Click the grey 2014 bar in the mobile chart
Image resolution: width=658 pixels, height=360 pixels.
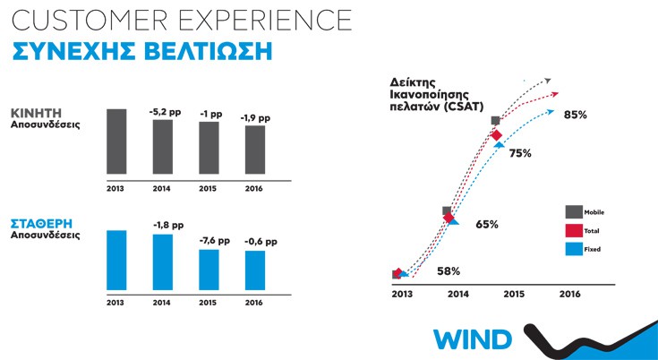pos(162,147)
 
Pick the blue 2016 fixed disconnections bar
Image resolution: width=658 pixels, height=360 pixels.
pos(254,270)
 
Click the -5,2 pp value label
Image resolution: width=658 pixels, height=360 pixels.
pos(164,112)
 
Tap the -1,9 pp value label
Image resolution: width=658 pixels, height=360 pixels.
pos(255,117)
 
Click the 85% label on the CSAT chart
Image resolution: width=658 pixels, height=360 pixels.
pos(575,115)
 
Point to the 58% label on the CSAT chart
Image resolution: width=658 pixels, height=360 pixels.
pos(449,270)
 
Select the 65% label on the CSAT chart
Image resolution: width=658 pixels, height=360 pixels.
pos(487,224)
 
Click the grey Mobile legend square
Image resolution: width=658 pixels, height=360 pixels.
pos(573,211)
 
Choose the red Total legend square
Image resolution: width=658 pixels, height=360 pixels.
pos(573,229)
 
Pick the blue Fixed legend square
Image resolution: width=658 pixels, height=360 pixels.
pos(573,247)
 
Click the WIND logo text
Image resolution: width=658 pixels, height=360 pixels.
pos(473,340)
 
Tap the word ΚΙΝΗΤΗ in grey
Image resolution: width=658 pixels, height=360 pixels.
pos(37,113)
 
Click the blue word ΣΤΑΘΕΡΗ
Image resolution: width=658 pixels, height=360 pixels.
pos(42,223)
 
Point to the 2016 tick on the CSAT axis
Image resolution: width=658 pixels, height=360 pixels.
pos(569,294)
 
